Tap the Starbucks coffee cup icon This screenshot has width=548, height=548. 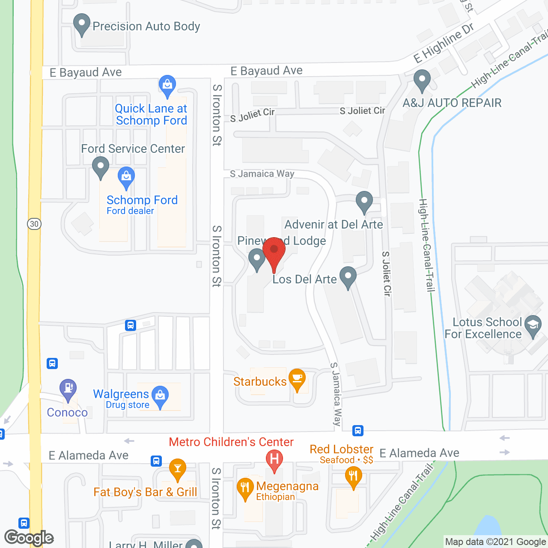(x=297, y=378)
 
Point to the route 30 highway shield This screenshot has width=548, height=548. (x=34, y=223)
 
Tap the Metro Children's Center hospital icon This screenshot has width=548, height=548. (x=274, y=459)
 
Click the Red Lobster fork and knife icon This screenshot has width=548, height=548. (x=353, y=476)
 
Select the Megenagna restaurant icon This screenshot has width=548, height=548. (x=245, y=487)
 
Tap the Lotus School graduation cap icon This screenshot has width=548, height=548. (x=533, y=325)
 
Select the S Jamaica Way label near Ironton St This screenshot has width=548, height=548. (x=262, y=173)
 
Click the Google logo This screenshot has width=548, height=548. (x=29, y=538)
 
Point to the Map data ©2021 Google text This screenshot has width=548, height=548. (x=495, y=542)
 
